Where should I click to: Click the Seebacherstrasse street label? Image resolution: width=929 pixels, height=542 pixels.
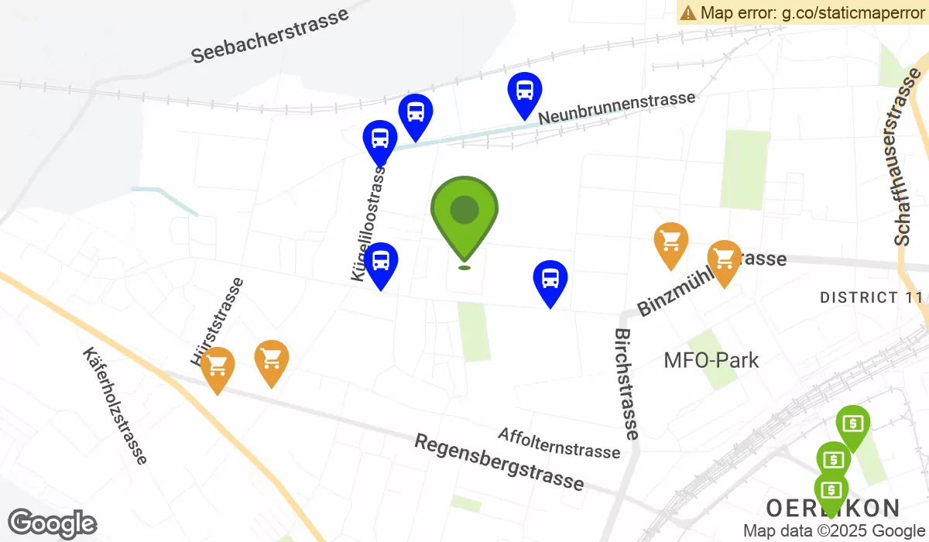pyautogui.click(x=269, y=36)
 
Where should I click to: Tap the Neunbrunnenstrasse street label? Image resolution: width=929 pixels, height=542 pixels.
pyautogui.click(x=616, y=108)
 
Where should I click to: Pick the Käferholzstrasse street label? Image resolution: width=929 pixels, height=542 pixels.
pyautogui.click(x=114, y=406)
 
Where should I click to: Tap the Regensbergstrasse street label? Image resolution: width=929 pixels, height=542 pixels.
pyautogui.click(x=499, y=461)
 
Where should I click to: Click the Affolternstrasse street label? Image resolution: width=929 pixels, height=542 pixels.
pyautogui.click(x=559, y=442)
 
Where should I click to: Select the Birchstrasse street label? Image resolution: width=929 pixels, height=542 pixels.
pyautogui.click(x=626, y=384)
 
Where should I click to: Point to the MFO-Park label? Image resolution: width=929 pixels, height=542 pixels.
pyautogui.click(x=711, y=360)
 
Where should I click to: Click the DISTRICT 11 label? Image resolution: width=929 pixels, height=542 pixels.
pyautogui.click(x=871, y=297)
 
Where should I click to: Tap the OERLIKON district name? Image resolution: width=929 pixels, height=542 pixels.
pyautogui.click(x=833, y=508)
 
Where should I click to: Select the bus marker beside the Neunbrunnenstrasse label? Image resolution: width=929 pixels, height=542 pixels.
pyautogui.click(x=524, y=91)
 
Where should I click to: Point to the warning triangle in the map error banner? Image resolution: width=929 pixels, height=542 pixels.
pyautogui.click(x=688, y=12)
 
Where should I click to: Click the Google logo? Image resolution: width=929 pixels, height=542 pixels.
pyautogui.click(x=52, y=523)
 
